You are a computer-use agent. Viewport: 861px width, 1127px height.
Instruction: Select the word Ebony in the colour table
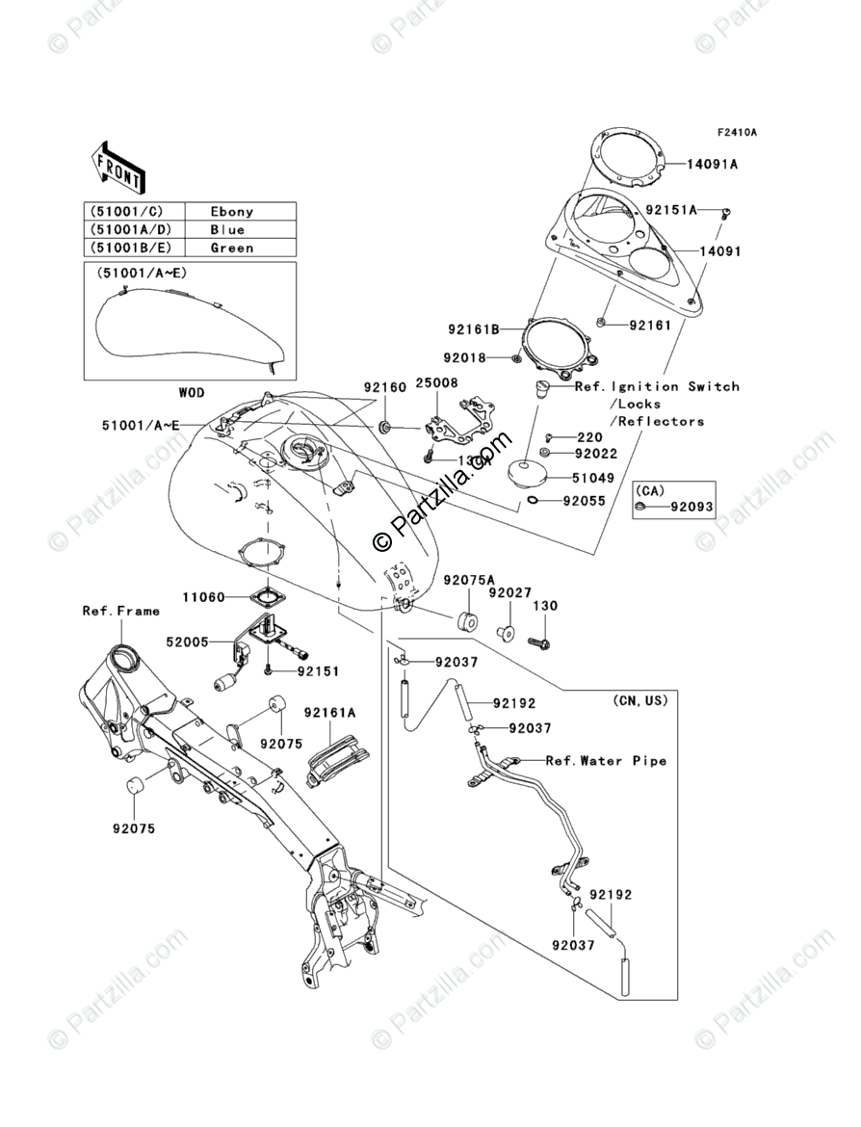(x=231, y=212)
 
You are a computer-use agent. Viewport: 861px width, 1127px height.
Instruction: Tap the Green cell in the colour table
(x=231, y=248)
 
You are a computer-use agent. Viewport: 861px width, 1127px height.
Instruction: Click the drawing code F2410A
(x=736, y=132)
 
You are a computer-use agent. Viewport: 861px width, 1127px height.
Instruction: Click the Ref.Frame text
(x=120, y=611)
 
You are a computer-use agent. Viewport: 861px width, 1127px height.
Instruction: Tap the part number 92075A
(x=469, y=580)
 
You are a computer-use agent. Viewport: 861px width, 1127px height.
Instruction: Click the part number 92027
(x=509, y=594)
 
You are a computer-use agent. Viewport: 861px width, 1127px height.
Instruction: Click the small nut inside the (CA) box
(x=639, y=505)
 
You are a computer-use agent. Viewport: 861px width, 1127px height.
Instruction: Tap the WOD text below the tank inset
(x=192, y=394)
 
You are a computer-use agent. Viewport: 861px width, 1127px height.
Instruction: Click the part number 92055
(x=585, y=502)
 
